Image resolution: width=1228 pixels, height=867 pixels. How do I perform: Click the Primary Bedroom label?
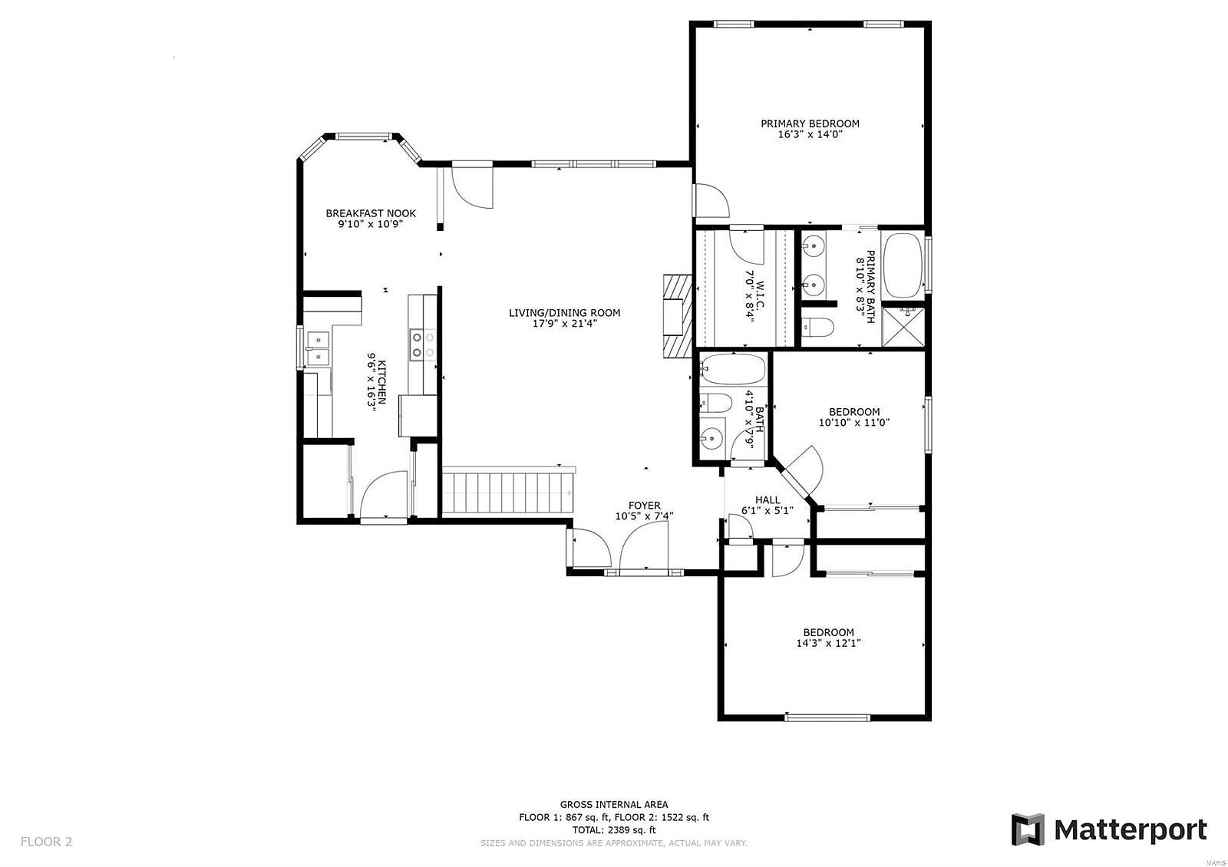coord(810,124)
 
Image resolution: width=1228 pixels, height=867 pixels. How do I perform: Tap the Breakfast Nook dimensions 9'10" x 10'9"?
coord(371,224)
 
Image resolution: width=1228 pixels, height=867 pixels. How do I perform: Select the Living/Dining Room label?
coord(565,313)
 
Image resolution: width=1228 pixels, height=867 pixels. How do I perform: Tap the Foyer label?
coord(644,506)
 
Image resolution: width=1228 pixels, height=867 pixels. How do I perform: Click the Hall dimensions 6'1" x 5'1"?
coord(767,511)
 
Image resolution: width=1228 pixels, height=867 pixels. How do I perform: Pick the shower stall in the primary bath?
coord(903,327)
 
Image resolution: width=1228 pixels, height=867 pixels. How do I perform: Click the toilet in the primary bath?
coord(817,327)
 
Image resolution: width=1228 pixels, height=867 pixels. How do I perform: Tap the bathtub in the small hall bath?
coord(733,369)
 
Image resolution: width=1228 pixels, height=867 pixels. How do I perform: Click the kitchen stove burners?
coord(423,345)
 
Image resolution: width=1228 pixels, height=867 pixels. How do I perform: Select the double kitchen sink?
coord(318,348)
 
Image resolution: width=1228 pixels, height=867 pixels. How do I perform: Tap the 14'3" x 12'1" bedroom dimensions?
coord(828,643)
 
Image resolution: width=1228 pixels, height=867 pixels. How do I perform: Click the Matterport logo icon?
coord(1028,829)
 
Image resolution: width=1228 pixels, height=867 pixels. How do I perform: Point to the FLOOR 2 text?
coord(47,841)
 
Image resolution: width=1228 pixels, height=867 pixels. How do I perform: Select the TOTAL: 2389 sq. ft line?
coord(614,829)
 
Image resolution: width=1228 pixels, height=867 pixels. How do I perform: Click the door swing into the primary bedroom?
coord(711,201)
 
